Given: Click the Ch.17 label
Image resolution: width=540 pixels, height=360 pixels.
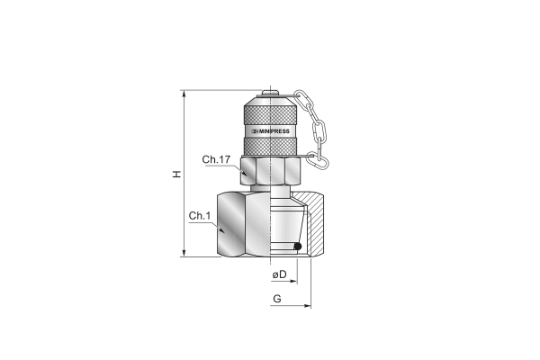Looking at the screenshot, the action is coord(216,159).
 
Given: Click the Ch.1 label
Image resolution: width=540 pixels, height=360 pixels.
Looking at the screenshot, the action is coord(200,216).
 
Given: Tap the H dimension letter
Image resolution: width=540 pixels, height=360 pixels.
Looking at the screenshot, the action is coord(176,174).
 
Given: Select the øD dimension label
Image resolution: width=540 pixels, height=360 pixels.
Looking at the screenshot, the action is coord(279,274).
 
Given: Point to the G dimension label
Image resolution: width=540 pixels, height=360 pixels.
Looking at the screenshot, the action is coord(277,298).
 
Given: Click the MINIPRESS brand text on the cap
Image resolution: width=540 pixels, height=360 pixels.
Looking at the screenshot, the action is coord(271,131).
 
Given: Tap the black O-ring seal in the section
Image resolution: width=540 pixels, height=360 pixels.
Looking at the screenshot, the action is coord(298,247).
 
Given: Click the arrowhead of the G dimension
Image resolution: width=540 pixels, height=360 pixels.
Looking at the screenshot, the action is coord(308,306).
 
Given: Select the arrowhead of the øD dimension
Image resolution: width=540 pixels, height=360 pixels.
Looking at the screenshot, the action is coord(293,282).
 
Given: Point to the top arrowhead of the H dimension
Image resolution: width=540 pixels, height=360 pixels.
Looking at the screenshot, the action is coord(184,94).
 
